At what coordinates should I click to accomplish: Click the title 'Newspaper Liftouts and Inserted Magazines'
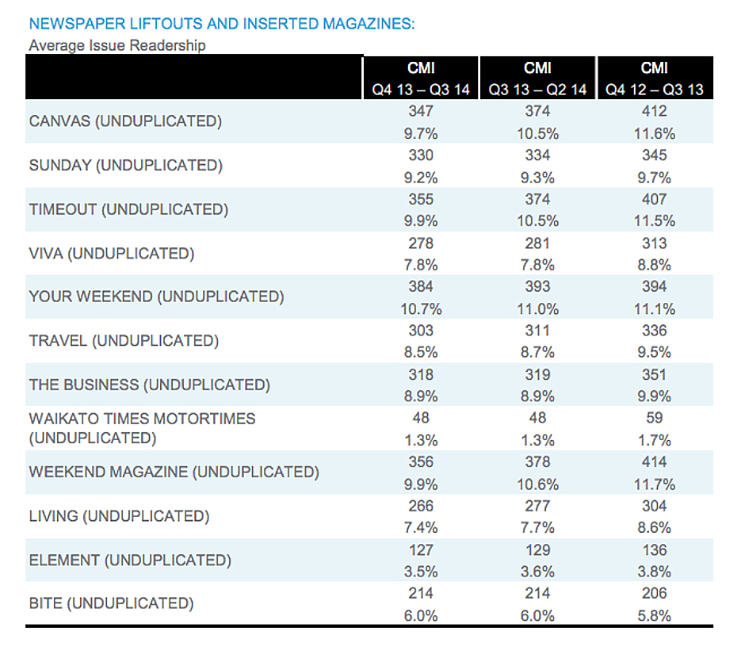pyautogui.click(x=221, y=24)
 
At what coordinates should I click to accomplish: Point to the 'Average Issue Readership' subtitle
pyautogui.click(x=117, y=45)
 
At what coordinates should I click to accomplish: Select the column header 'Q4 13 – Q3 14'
pyautogui.click(x=421, y=90)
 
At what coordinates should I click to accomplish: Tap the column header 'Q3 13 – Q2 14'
pyautogui.click(x=537, y=90)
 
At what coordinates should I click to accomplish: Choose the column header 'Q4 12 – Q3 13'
pyautogui.click(x=655, y=90)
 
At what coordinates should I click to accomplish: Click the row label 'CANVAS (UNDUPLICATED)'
pyautogui.click(x=125, y=121)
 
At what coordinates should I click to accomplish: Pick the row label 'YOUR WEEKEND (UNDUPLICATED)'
pyautogui.click(x=156, y=297)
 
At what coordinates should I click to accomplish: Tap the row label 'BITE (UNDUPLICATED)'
pyautogui.click(x=111, y=603)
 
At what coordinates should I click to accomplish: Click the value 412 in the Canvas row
pyautogui.click(x=655, y=112)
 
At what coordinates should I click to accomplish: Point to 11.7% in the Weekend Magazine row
pyautogui.click(x=655, y=484)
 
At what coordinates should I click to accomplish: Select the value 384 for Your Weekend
pyautogui.click(x=421, y=287)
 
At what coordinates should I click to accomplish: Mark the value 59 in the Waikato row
pyautogui.click(x=655, y=418)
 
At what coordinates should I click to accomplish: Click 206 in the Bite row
pyautogui.click(x=655, y=593)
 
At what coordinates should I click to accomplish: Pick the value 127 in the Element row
pyautogui.click(x=421, y=549)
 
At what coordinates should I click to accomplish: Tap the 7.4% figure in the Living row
pyautogui.click(x=421, y=527)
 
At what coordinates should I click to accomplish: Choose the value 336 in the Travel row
pyautogui.click(x=655, y=331)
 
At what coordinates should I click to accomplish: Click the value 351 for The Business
pyautogui.click(x=655, y=374)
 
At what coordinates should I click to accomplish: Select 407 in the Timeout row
pyautogui.click(x=655, y=199)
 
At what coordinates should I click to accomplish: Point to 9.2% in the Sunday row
pyautogui.click(x=421, y=178)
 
